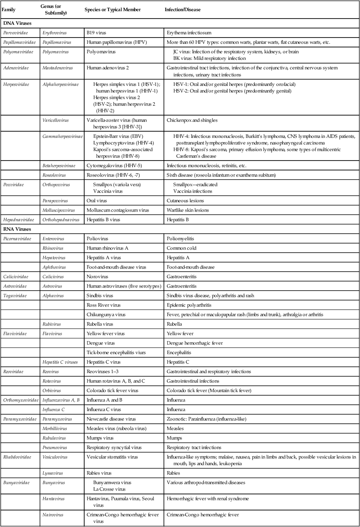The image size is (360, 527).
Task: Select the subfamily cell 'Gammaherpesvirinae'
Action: pos(62,136)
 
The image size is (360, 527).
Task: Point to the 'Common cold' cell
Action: pos(181,248)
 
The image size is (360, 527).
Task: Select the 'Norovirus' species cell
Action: pos(97,276)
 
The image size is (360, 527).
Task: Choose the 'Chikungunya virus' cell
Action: pos(106,314)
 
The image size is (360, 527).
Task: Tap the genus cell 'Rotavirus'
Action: pos(54,381)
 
